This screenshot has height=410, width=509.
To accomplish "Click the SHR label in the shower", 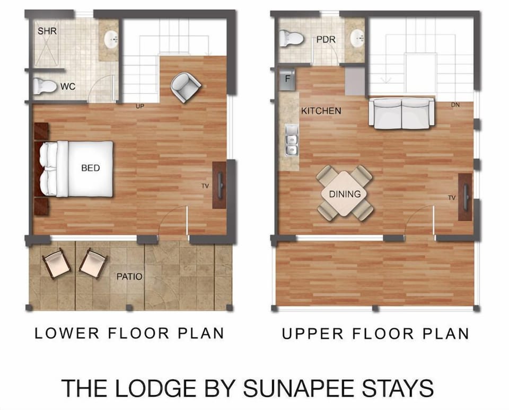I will click(47, 31).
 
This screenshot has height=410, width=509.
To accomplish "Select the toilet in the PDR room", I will click(291, 38).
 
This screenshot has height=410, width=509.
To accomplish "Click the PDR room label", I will click(324, 40).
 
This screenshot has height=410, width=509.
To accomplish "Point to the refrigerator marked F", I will click(287, 79).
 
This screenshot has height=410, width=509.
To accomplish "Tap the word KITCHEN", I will click(321, 111).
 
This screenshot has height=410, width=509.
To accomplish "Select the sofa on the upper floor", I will click(402, 113).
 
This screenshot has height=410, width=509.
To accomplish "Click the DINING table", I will click(345, 193).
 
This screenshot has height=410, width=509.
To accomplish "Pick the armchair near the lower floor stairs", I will click(186, 87).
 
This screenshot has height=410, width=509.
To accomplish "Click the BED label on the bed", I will click(91, 168).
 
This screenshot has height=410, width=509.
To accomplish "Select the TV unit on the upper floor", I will click(465, 197).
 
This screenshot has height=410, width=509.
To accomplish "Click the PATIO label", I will click(129, 277).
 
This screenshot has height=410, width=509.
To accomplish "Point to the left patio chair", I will click(56, 263).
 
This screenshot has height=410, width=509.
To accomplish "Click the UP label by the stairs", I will click(140, 106).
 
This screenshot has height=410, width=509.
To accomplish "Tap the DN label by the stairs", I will click(455, 105).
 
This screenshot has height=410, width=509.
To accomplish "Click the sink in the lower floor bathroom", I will click(111, 39).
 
